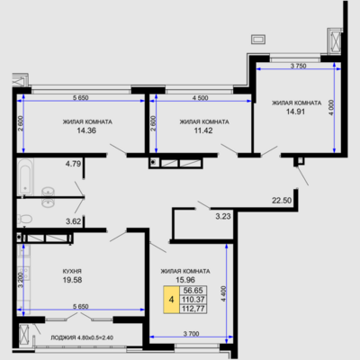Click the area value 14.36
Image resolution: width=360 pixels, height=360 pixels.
pyautogui.click(x=86, y=130)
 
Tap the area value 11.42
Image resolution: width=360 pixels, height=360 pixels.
pyautogui.click(x=203, y=130)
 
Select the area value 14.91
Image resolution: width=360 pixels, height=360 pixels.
pyautogui.click(x=295, y=112)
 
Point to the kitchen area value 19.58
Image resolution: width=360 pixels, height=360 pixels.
pyautogui.click(x=72, y=280)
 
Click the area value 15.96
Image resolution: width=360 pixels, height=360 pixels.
pyautogui.click(x=185, y=280)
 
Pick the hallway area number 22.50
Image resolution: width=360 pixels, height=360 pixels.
pyautogui.click(x=282, y=201)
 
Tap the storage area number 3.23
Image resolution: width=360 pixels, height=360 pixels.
pyautogui.click(x=223, y=216)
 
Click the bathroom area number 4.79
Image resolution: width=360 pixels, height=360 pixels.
pyautogui.click(x=73, y=164)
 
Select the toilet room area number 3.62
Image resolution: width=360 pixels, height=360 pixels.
pyautogui.click(x=73, y=221)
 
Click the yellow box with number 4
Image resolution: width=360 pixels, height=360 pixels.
pyautogui.click(x=171, y=300)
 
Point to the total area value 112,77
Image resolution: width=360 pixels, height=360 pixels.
pyautogui.click(x=193, y=309)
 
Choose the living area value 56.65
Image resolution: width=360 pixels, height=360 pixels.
pyautogui.click(x=193, y=291)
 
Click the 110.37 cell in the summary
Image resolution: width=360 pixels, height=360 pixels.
pyautogui.click(x=193, y=300)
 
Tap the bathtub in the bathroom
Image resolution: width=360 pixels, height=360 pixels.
pyautogui.click(x=25, y=176)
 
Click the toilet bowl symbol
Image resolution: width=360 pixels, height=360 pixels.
pyautogui.click(x=25, y=219)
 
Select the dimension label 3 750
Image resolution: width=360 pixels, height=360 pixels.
pyautogui.click(x=298, y=66)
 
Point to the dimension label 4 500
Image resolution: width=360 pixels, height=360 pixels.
pyautogui.click(x=201, y=98)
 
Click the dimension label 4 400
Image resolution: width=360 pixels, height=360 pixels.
pyautogui.click(x=224, y=294)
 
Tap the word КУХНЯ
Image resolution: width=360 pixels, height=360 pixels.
pyautogui.click(x=72, y=271)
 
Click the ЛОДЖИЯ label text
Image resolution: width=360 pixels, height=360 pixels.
pyautogui.click(x=63, y=337)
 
